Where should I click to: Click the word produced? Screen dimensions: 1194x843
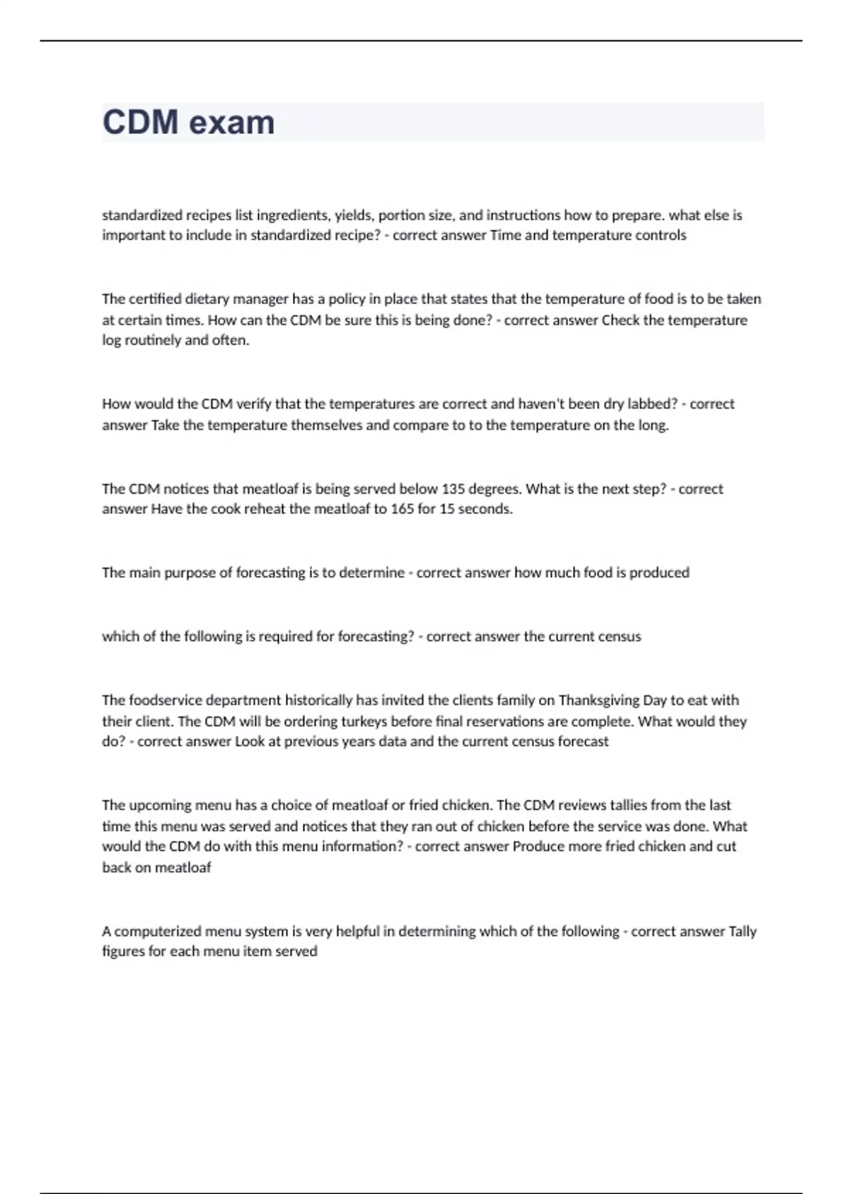click(659, 572)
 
